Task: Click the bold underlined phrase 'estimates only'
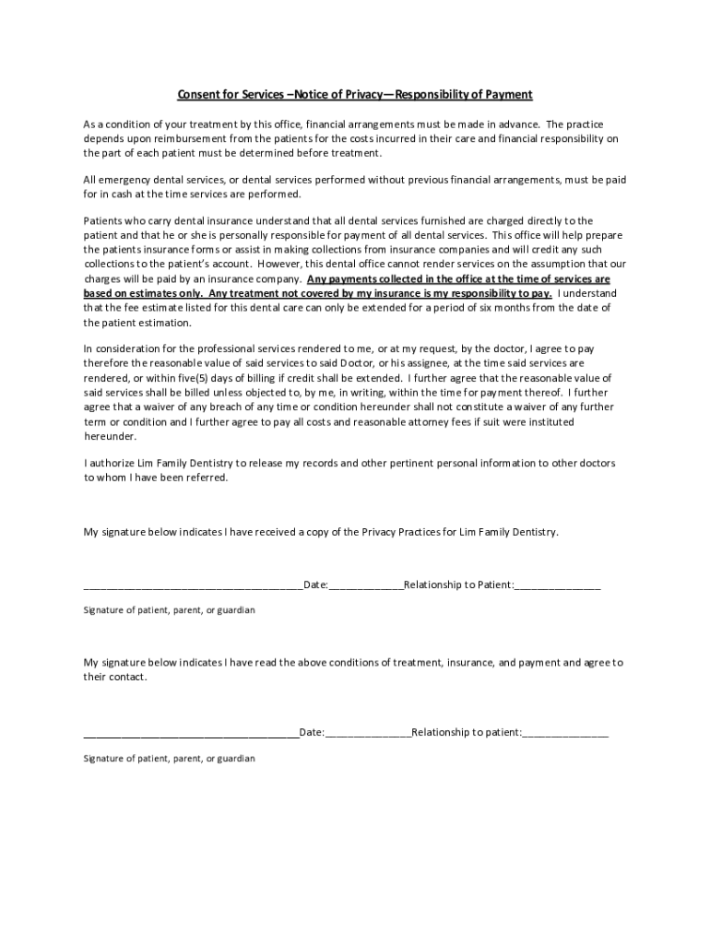(169, 293)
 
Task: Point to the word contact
(129, 677)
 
